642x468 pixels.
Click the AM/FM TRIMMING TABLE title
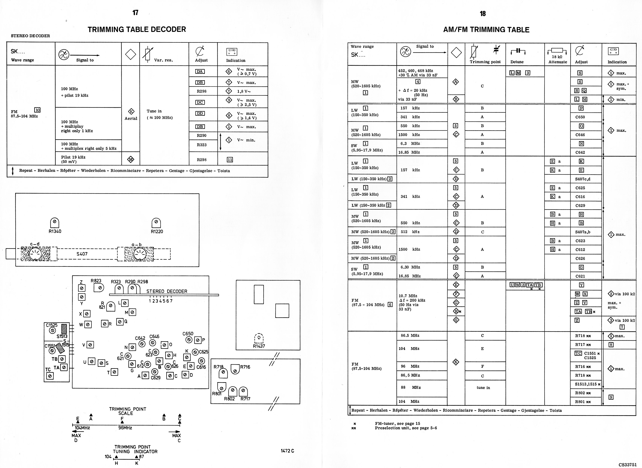pos(486,30)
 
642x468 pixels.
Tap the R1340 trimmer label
pos(55,231)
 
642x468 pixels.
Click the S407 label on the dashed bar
pos(82,254)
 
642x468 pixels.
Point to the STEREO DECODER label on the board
pos(167,291)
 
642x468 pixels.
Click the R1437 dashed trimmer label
pos(259,346)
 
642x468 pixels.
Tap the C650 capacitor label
pos(188,334)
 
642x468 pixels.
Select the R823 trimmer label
pos(96,281)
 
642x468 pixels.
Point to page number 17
pos(135,13)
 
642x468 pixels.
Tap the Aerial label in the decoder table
pos(131,118)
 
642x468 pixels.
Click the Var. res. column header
pos(163,60)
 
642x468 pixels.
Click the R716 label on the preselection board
pos(245,367)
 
